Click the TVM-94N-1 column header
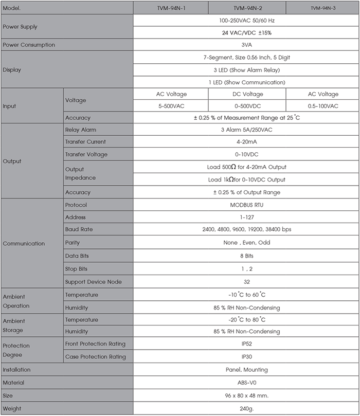(x=171, y=8)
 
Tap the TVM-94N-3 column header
(x=322, y=8)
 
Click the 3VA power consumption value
(x=246, y=45)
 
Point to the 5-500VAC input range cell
(x=171, y=106)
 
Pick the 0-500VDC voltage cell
(x=247, y=106)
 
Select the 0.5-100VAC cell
(x=322, y=106)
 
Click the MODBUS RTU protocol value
(x=246, y=205)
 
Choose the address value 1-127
(x=246, y=218)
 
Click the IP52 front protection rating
(x=246, y=343)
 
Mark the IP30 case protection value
(x=246, y=356)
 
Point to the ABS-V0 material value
(x=246, y=383)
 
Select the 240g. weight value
(x=246, y=409)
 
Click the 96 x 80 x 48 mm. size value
(x=246, y=396)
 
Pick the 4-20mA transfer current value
(x=246, y=141)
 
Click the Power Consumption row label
(x=29, y=45)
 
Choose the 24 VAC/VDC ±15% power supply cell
(x=246, y=32)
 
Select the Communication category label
(x=24, y=243)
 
